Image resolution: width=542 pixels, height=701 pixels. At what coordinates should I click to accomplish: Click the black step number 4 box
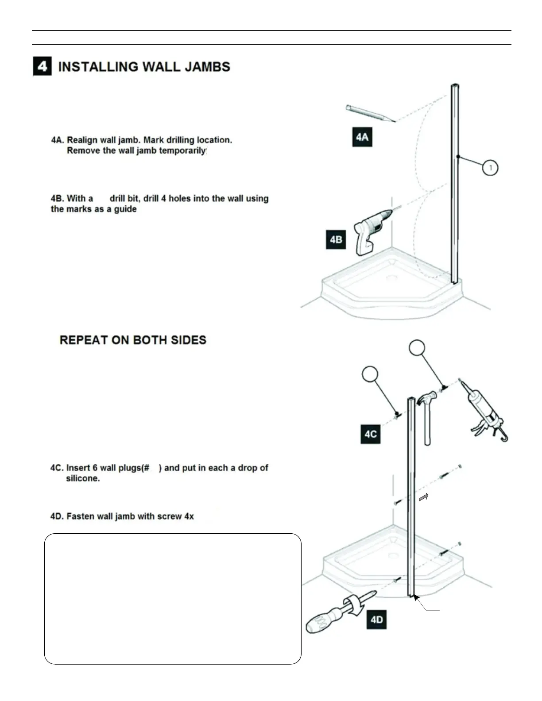click(43, 67)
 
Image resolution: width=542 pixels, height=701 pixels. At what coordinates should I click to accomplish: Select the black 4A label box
click(362, 137)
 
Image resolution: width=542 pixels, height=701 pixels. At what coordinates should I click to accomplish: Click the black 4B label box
click(336, 240)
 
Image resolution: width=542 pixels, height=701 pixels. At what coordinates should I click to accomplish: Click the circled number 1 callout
click(490, 168)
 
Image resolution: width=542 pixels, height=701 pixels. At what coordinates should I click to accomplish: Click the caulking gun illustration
click(484, 412)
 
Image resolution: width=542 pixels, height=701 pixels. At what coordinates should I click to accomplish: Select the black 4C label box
click(370, 434)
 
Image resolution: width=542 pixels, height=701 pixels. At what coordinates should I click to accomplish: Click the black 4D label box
click(376, 619)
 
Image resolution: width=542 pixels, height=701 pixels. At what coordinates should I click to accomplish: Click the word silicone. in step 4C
click(83, 478)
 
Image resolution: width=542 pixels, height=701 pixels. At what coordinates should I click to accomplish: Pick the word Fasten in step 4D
click(81, 516)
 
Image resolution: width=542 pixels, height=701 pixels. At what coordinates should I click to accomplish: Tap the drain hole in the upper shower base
click(391, 278)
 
